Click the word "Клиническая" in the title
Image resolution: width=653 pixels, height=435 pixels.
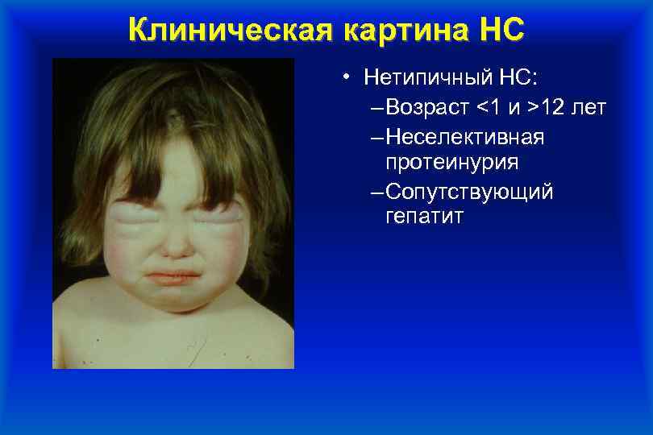click(x=231, y=29)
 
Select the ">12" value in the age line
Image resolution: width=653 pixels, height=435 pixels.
click(x=549, y=107)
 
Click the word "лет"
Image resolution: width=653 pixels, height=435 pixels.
click(x=589, y=107)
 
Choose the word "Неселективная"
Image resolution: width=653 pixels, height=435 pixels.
click(x=464, y=137)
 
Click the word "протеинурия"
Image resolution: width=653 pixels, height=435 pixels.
click(x=451, y=163)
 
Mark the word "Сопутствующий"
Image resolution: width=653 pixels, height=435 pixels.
click(x=469, y=192)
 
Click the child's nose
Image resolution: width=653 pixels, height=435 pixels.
click(x=175, y=242)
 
